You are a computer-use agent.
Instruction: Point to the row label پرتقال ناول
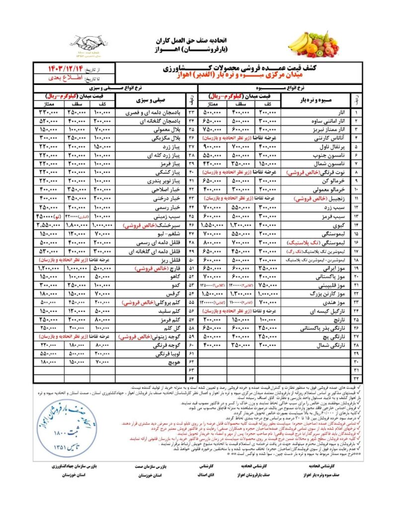(x=323, y=148)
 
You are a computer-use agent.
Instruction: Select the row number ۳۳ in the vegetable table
(x=190, y=113)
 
